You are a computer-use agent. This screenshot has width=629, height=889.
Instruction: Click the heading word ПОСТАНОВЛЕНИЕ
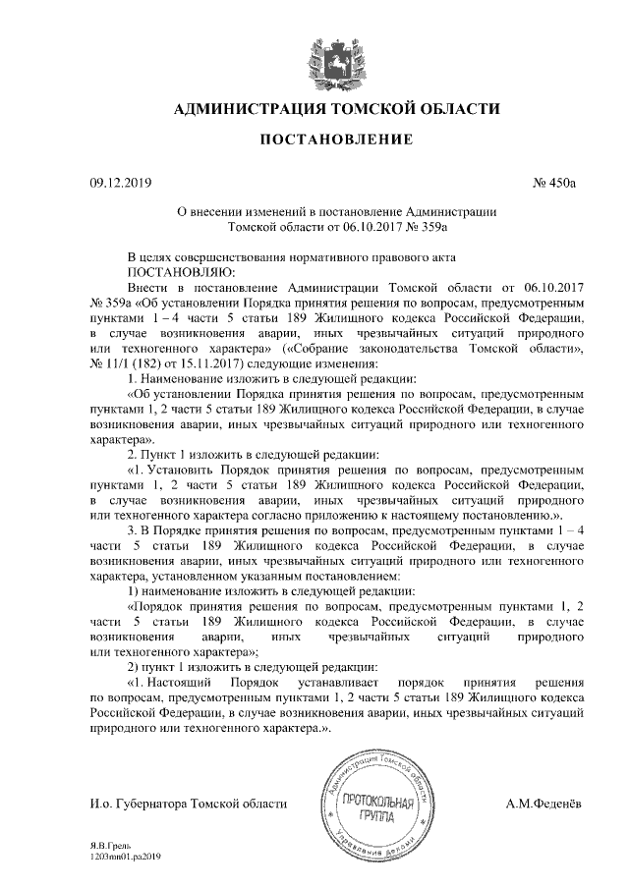pyautogui.click(x=335, y=141)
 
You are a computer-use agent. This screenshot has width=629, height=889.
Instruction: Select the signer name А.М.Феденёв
pyautogui.click(x=543, y=805)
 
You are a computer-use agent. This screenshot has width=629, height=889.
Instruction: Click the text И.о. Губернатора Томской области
pyautogui.click(x=189, y=805)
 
